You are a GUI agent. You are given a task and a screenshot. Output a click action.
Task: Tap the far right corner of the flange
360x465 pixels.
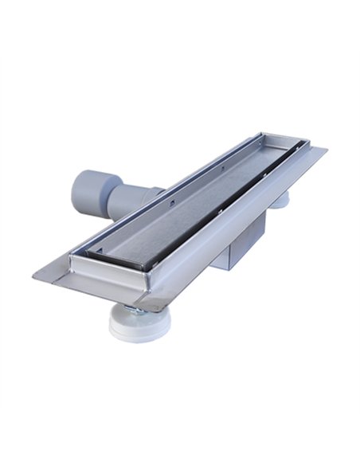[x=326, y=149]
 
